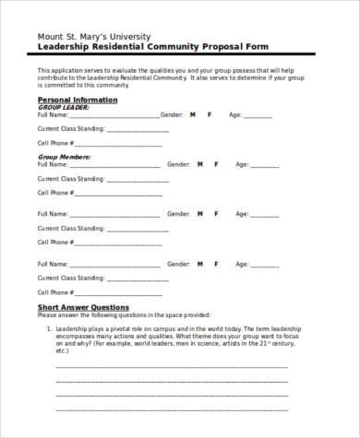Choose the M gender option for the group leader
193,115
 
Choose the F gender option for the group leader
209,115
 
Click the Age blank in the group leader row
258,116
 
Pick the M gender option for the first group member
199,164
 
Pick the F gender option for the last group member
215,263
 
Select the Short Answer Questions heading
82,307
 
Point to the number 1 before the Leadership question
47,327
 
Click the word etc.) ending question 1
63,350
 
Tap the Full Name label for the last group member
53,263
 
